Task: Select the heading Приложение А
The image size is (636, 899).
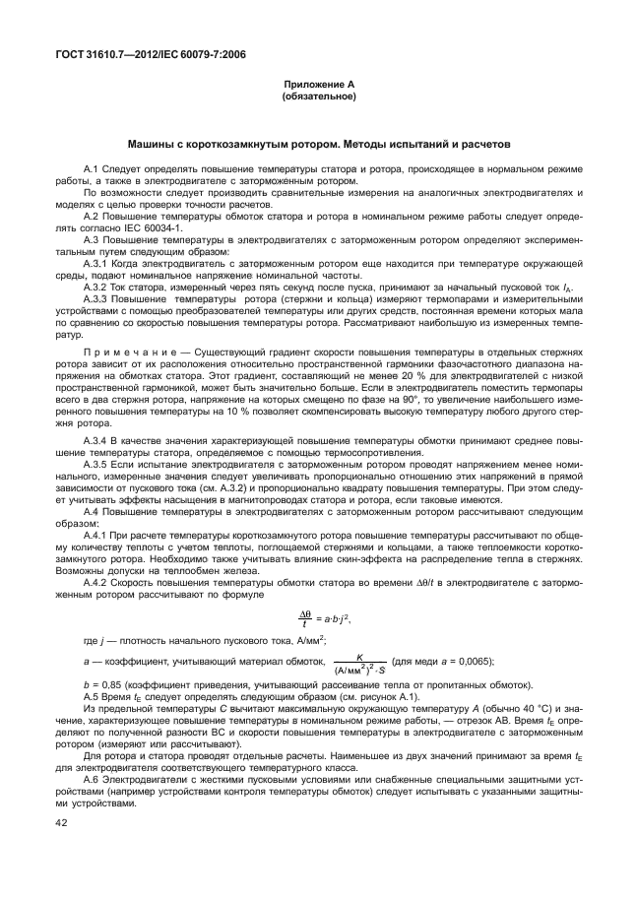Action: [x=318, y=87]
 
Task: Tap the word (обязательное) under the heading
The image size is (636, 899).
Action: [x=318, y=97]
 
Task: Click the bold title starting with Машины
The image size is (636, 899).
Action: [x=318, y=144]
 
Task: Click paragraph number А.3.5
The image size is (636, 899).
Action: [x=98, y=462]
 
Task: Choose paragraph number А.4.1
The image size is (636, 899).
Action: [x=98, y=533]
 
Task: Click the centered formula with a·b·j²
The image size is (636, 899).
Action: [x=324, y=619]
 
